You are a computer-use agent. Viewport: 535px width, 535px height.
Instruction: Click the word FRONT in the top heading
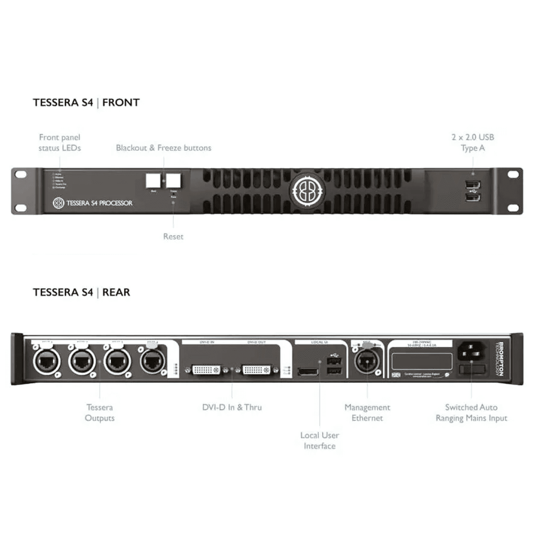pyautogui.click(x=121, y=103)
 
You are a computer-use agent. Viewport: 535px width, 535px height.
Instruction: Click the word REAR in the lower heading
pyautogui.click(x=116, y=292)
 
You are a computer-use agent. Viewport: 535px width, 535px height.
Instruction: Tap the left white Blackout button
pyautogui.click(x=153, y=181)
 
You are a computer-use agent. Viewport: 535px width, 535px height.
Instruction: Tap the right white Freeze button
pyautogui.click(x=173, y=181)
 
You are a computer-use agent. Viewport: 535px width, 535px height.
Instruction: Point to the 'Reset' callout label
pyautogui.click(x=173, y=237)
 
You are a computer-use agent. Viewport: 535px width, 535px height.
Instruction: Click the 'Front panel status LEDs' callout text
pyautogui.click(x=60, y=143)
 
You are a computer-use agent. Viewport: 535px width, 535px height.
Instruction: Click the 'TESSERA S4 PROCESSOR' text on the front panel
pyautogui.click(x=99, y=203)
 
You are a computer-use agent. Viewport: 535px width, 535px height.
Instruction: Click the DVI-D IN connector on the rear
pyautogui.click(x=206, y=370)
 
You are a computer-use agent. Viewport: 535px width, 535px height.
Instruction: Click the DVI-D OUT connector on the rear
pyautogui.click(x=256, y=370)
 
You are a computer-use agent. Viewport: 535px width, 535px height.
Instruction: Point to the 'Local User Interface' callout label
pyautogui.click(x=320, y=440)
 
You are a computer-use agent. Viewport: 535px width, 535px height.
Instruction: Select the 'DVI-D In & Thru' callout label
pyautogui.click(x=232, y=407)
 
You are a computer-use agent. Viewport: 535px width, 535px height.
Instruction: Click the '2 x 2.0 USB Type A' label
pyautogui.click(x=473, y=143)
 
